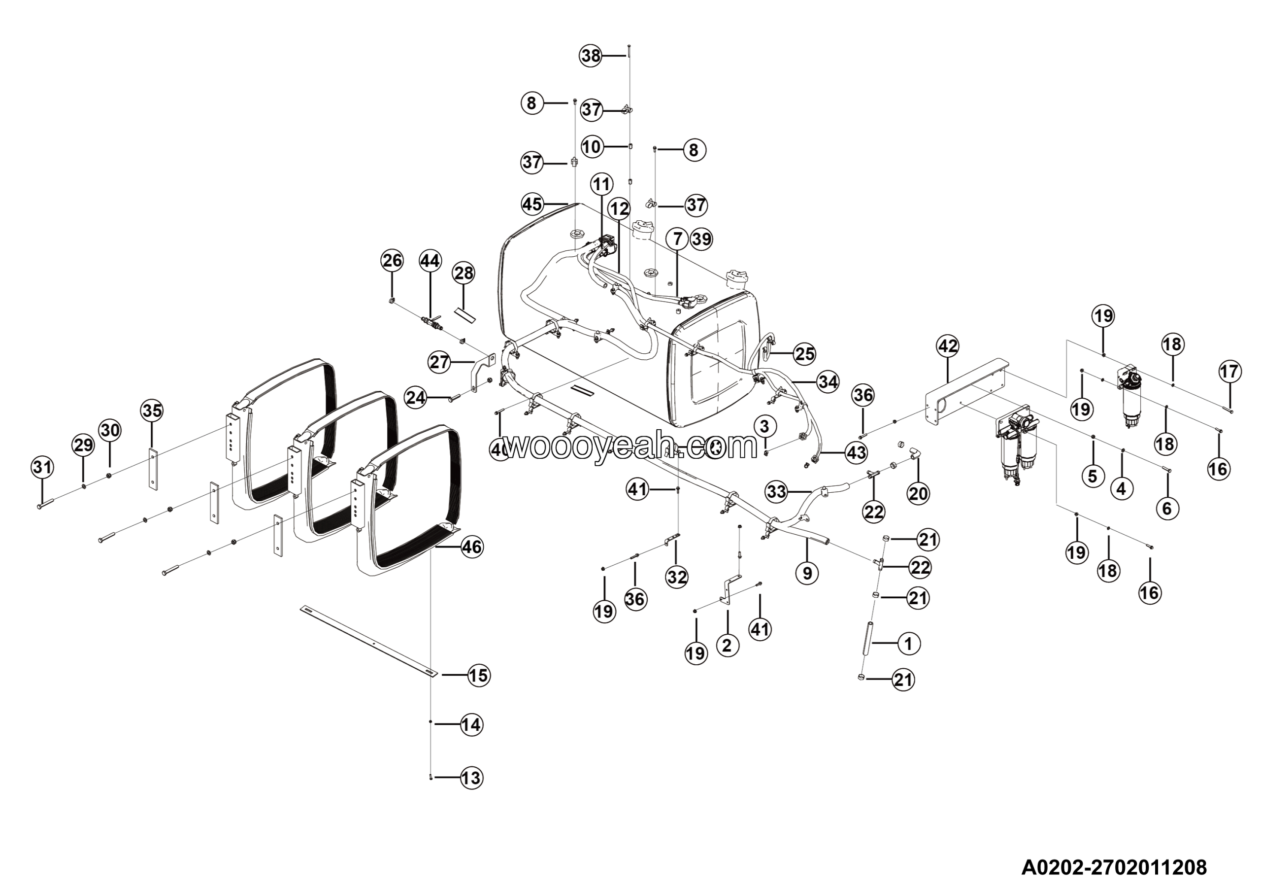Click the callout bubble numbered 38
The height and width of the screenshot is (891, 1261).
pos(592,56)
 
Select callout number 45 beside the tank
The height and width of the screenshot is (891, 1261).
pos(532,205)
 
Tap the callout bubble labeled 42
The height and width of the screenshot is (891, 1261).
pos(948,346)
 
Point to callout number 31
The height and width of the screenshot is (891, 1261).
pos(42,468)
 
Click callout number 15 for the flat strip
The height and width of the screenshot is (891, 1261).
pos(478,675)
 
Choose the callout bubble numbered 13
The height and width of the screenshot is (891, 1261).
pos(471,778)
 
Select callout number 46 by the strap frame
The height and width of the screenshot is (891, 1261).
pos(472,547)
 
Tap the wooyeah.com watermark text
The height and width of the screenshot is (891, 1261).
pos(631,446)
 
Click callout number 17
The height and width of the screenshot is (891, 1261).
pos(1229,372)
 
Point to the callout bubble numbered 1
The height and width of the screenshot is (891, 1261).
pos(908,643)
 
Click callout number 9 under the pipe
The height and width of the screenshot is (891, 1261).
pos(807,573)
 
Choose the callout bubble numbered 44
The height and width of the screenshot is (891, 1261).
pos(430,260)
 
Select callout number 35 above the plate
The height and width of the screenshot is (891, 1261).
pos(153,411)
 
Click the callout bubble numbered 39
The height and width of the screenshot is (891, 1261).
pos(701,239)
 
